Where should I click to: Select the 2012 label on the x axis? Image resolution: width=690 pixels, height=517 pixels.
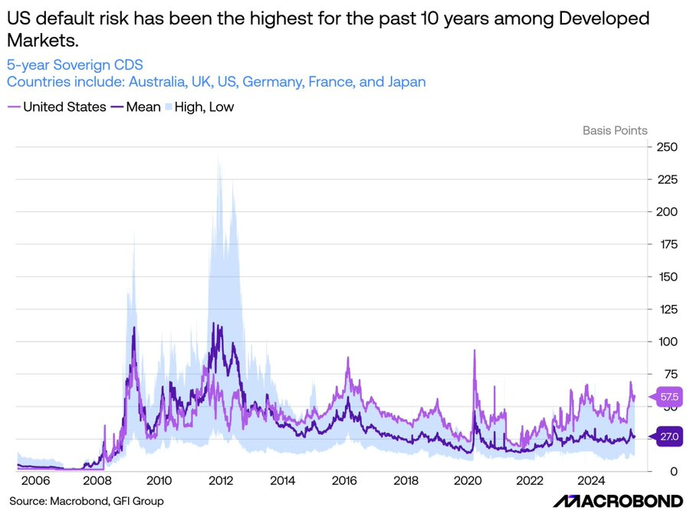[x=221, y=481]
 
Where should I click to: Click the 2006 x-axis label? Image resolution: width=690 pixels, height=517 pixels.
[x=35, y=481]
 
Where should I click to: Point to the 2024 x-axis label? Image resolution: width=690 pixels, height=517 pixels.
[x=592, y=481]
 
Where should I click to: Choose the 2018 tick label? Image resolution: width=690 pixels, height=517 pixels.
[x=406, y=481]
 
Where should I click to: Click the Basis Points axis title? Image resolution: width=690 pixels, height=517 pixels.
[x=615, y=130]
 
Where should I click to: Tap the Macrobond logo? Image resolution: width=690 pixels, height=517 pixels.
[x=618, y=501]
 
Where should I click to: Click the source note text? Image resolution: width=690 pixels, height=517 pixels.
[x=86, y=501]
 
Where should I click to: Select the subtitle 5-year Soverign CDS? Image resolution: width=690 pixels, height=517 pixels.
[x=74, y=65]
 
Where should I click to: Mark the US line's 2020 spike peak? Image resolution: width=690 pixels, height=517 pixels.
[x=475, y=351]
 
